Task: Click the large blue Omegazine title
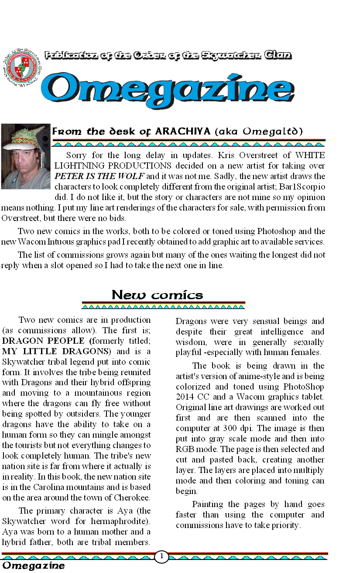click(x=168, y=89)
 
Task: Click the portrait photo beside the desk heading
click(x=25, y=156)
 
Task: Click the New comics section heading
click(x=158, y=295)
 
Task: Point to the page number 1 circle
click(x=161, y=556)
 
